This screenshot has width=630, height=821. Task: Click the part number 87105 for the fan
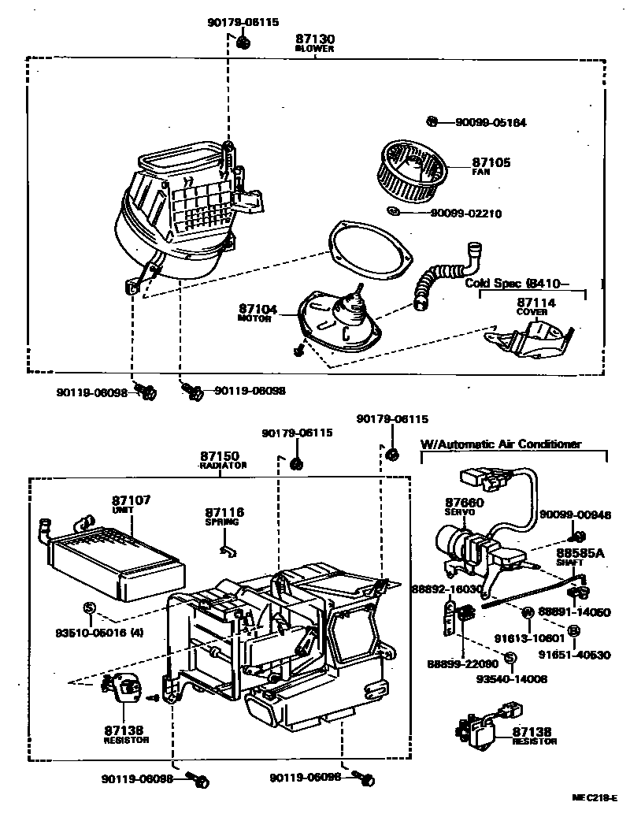[x=491, y=162]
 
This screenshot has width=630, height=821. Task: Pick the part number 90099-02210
[x=465, y=213]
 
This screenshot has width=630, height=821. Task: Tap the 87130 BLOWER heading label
[x=315, y=42]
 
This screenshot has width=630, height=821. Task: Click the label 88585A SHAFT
[x=580, y=557]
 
